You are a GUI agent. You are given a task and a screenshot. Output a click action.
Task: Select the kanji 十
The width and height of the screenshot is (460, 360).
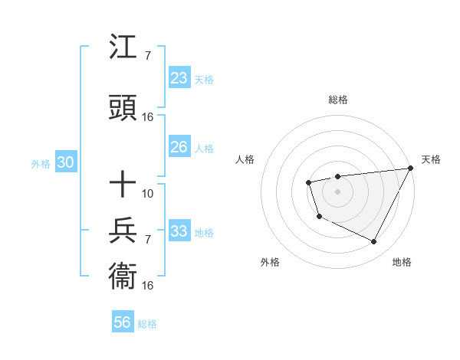(123, 185)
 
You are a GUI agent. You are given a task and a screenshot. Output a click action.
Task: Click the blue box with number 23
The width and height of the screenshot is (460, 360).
(179, 78)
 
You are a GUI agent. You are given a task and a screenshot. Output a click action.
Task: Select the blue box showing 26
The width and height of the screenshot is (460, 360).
(179, 147)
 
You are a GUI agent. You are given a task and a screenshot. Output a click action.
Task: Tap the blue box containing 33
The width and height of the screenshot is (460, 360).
(179, 231)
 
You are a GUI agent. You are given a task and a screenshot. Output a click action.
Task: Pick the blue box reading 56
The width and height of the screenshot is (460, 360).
(123, 322)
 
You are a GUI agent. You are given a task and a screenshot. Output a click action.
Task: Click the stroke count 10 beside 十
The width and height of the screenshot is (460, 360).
(148, 193)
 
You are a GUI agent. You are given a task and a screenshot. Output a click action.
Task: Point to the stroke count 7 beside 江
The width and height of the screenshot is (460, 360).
(147, 56)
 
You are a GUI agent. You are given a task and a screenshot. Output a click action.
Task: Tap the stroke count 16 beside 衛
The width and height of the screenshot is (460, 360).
(148, 285)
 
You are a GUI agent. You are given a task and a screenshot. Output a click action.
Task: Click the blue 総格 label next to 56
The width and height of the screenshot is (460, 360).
(147, 324)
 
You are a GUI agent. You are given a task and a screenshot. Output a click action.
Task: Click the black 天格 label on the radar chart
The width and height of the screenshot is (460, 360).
(431, 159)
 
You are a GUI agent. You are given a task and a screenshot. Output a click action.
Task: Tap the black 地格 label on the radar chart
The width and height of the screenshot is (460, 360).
(402, 262)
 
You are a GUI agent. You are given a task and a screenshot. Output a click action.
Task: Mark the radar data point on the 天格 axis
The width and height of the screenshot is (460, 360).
(410, 168)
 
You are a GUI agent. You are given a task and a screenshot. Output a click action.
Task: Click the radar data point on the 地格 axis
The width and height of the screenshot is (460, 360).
(374, 242)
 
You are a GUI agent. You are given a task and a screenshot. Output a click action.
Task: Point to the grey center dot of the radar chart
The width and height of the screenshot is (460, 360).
(337, 191)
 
